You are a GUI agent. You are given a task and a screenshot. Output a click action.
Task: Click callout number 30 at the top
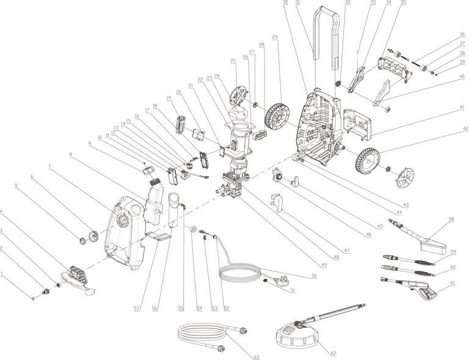(x=285, y=3)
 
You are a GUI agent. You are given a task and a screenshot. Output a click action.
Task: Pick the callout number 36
(x=462, y=34)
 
